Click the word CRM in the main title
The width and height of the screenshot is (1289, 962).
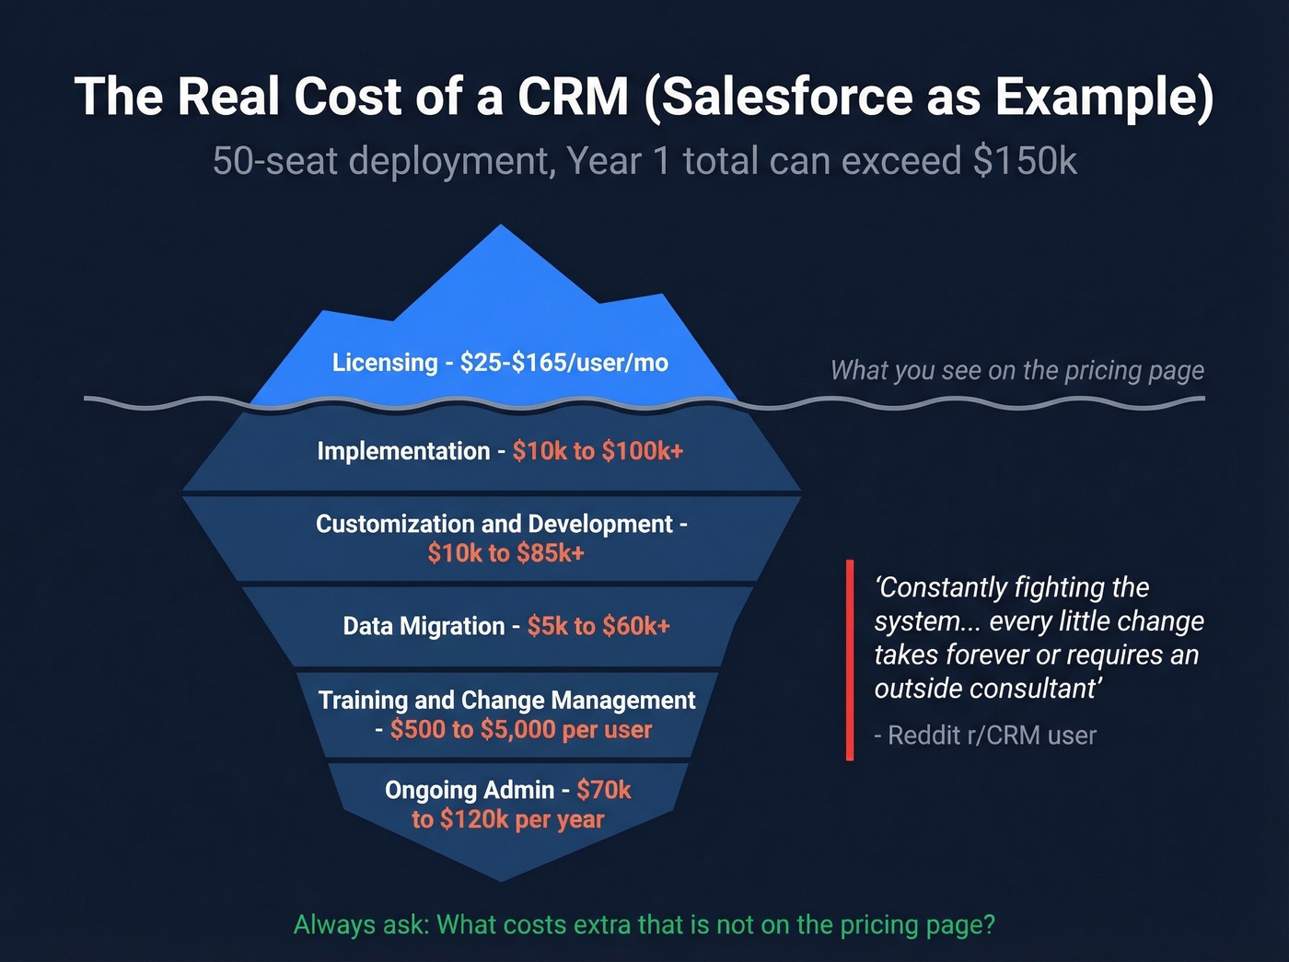click(x=572, y=97)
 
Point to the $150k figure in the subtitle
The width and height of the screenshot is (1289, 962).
click(x=1024, y=161)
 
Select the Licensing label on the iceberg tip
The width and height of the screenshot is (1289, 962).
click(x=385, y=363)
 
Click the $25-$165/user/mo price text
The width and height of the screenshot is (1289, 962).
click(x=563, y=363)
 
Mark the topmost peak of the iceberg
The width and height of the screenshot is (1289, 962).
click(x=501, y=226)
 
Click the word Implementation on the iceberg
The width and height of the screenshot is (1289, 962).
click(x=403, y=451)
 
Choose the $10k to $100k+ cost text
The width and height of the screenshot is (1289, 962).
click(x=598, y=451)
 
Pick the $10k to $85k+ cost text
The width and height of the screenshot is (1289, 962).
click(x=505, y=553)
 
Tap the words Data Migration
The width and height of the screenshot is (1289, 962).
click(x=424, y=627)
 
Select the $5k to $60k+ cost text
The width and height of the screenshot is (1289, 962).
click(x=598, y=627)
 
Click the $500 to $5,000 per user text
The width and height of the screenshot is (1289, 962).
click(x=520, y=730)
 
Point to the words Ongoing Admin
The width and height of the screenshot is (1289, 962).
click(x=470, y=791)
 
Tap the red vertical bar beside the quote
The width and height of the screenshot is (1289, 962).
click(x=850, y=660)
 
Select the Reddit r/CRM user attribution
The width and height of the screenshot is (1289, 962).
click(x=985, y=736)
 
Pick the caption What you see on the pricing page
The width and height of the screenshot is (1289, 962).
click(x=1016, y=370)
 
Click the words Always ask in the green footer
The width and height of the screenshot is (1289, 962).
click(x=360, y=925)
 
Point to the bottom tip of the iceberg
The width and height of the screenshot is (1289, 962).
click(x=502, y=879)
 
